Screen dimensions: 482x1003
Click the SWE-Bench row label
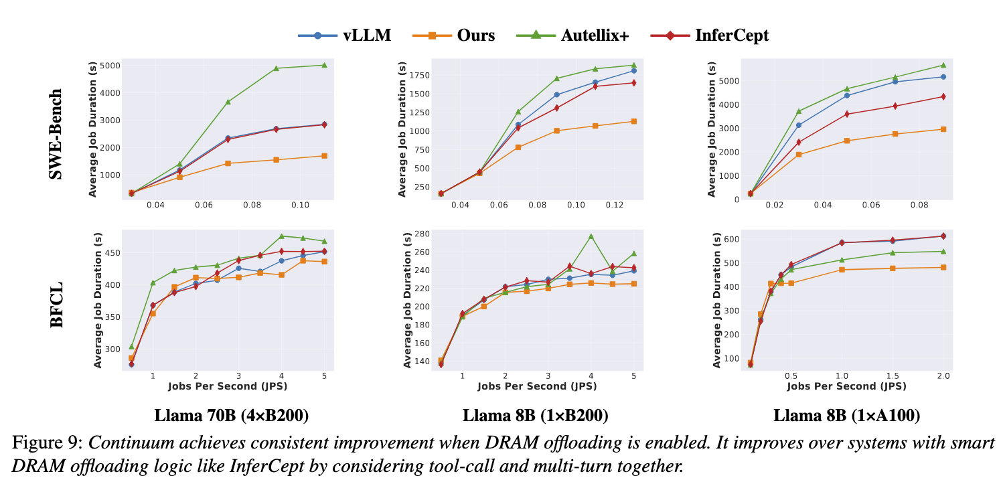(57, 134)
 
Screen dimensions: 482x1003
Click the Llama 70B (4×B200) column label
(231, 416)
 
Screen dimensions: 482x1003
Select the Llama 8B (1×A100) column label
(846, 416)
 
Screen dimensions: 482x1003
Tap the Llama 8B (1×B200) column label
(535, 416)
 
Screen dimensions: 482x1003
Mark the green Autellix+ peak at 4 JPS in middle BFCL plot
(591, 236)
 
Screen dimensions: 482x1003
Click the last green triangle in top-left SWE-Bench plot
(324, 65)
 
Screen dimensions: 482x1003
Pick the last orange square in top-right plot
(943, 129)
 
